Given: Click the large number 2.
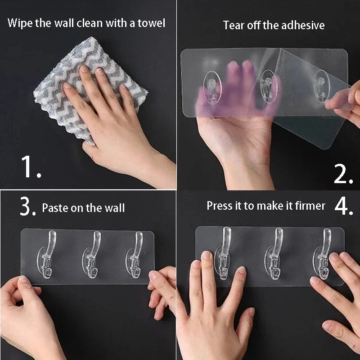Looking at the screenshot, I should [342, 173].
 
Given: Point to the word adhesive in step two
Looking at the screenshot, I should [303, 25].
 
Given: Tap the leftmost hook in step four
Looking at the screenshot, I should [224, 252].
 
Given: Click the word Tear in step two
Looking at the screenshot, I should [233, 25].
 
